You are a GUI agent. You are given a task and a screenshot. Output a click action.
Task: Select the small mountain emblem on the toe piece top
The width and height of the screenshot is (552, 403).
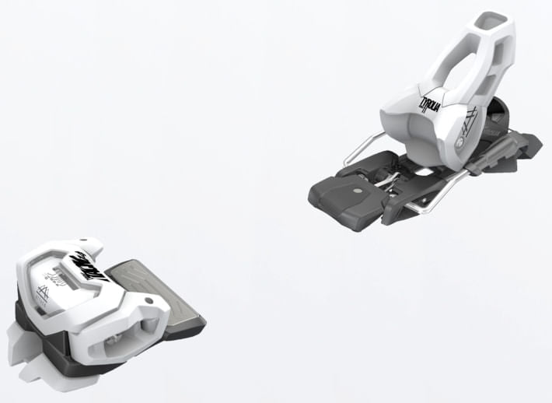41,296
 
